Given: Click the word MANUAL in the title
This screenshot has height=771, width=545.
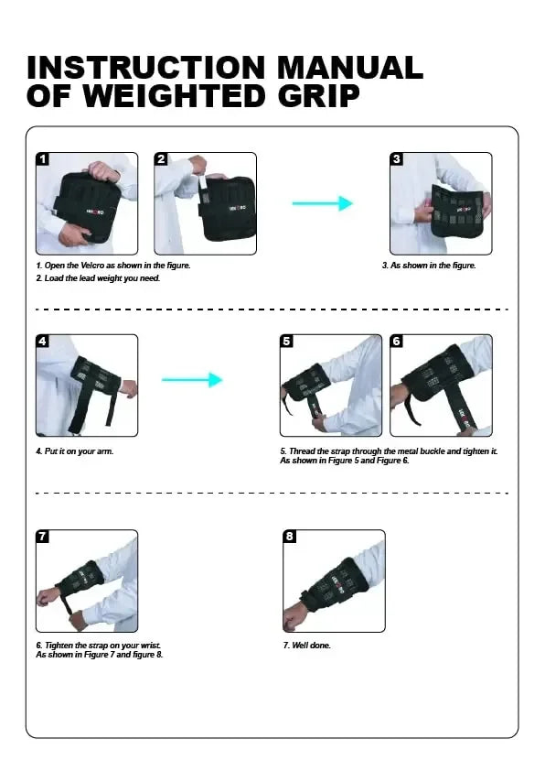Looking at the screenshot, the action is (x=350, y=68).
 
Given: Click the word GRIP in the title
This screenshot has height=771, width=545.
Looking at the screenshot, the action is (x=319, y=96).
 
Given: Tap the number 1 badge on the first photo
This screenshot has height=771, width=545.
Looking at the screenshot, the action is (x=43, y=158).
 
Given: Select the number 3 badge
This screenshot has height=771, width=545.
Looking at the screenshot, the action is (x=396, y=158).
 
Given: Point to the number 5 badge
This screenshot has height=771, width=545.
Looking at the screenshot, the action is (x=287, y=341).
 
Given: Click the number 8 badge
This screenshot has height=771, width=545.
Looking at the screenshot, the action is (x=290, y=536).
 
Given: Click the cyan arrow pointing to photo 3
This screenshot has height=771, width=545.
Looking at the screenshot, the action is (x=323, y=203).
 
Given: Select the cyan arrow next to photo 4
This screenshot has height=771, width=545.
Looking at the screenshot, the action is (x=192, y=379).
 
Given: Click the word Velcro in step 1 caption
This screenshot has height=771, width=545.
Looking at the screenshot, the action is (x=92, y=266).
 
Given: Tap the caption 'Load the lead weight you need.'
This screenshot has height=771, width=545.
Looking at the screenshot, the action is (x=102, y=278).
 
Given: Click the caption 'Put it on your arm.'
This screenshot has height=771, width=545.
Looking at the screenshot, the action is (x=79, y=451).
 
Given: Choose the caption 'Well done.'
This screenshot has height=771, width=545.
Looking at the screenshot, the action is (x=311, y=646).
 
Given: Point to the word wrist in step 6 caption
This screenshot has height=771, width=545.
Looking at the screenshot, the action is (x=150, y=646).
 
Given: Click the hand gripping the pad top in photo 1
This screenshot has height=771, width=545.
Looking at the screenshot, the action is (x=104, y=171).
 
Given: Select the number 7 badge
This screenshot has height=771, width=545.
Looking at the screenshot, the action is (x=43, y=536).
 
